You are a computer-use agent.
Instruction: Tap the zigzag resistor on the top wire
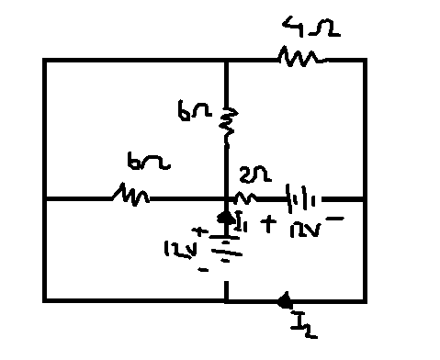point(299,59)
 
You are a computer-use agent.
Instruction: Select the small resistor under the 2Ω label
point(245,197)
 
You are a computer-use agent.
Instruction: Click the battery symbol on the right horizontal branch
point(302,197)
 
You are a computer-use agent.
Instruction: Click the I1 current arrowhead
point(226,217)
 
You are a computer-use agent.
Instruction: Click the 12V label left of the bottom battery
point(176,249)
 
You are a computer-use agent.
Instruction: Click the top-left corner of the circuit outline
point(44,60)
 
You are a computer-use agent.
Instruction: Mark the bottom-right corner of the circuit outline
point(365,299)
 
